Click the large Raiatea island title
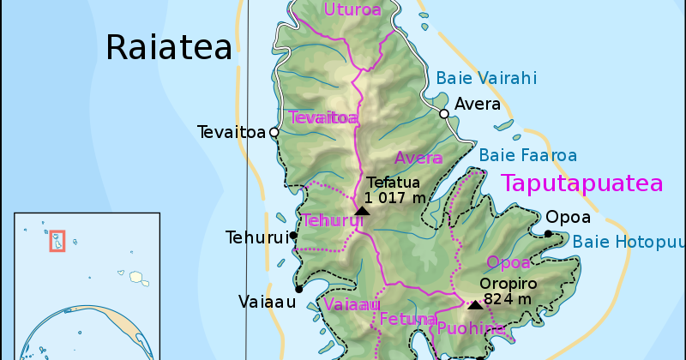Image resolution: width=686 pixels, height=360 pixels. click(x=169, y=47)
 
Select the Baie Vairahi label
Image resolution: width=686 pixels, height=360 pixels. click(x=486, y=78)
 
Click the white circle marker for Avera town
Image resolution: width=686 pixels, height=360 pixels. click(x=444, y=113)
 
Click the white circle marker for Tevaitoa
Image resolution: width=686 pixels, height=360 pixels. click(x=274, y=132)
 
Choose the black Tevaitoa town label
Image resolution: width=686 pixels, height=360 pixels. click(x=232, y=132)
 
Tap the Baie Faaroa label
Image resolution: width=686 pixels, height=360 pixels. click(x=527, y=155)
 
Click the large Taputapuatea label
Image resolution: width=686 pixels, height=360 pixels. click(x=582, y=183)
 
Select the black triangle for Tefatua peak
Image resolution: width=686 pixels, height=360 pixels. click(x=362, y=210)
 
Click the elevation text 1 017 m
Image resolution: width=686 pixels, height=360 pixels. click(x=395, y=198)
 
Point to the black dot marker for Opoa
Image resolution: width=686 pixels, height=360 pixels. click(x=548, y=233)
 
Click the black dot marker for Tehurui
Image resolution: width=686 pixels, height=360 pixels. click(x=293, y=235)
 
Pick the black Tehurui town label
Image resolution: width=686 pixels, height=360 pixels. click(x=255, y=237)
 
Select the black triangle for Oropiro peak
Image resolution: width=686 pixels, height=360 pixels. click(x=475, y=304)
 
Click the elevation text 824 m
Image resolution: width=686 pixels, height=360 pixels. click(x=508, y=299)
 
